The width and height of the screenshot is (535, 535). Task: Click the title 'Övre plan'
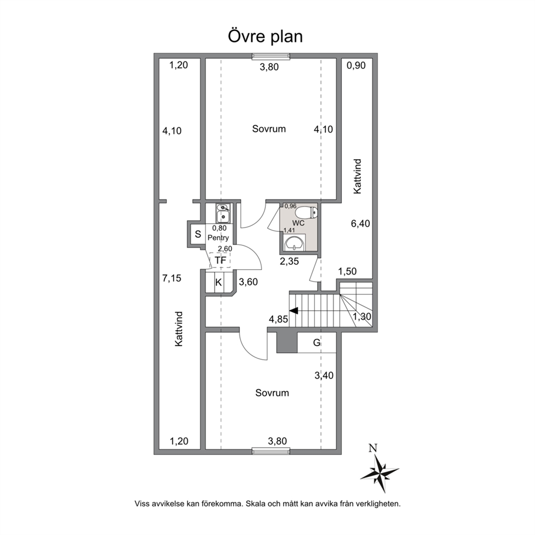click(265, 37)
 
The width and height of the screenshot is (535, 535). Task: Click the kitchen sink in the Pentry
click(223, 213)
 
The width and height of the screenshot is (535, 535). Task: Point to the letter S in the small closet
click(198, 235)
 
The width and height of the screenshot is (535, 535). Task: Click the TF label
click(221, 260)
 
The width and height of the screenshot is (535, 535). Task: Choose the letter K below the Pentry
click(218, 283)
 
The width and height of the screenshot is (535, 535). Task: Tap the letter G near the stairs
click(317, 342)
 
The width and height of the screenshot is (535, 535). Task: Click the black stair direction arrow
click(293, 311)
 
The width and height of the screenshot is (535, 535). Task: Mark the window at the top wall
click(271, 56)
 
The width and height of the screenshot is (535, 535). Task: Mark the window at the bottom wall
click(271, 451)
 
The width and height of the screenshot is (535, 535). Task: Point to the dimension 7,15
click(172, 278)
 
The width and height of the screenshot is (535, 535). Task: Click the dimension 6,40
click(361, 224)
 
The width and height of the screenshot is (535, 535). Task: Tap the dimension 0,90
click(356, 65)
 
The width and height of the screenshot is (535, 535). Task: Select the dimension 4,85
click(278, 319)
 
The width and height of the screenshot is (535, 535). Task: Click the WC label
click(299, 223)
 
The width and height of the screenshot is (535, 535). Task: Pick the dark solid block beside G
click(287, 342)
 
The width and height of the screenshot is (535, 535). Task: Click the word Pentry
click(218, 238)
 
